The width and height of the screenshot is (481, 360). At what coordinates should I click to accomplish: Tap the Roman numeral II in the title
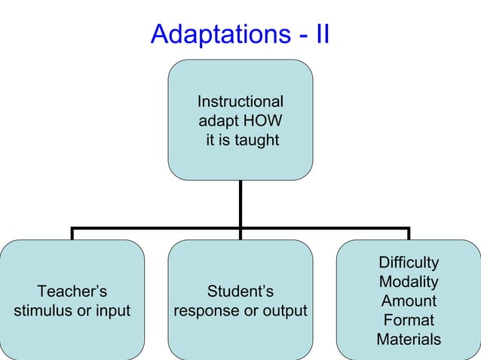point(321,34)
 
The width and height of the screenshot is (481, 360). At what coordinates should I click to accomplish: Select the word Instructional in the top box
point(240,102)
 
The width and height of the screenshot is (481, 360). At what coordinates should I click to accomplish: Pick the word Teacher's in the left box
point(72,291)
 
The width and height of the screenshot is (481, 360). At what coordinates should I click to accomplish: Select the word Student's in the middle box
point(240,291)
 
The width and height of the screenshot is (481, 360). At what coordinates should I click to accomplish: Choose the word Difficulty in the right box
point(409,263)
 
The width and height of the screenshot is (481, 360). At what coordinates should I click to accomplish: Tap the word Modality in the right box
point(409,282)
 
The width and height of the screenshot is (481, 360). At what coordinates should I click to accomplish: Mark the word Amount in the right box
point(409,301)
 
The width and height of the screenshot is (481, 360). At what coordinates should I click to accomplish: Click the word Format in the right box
point(409,320)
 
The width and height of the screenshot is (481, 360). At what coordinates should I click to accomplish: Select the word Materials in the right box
point(409,340)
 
